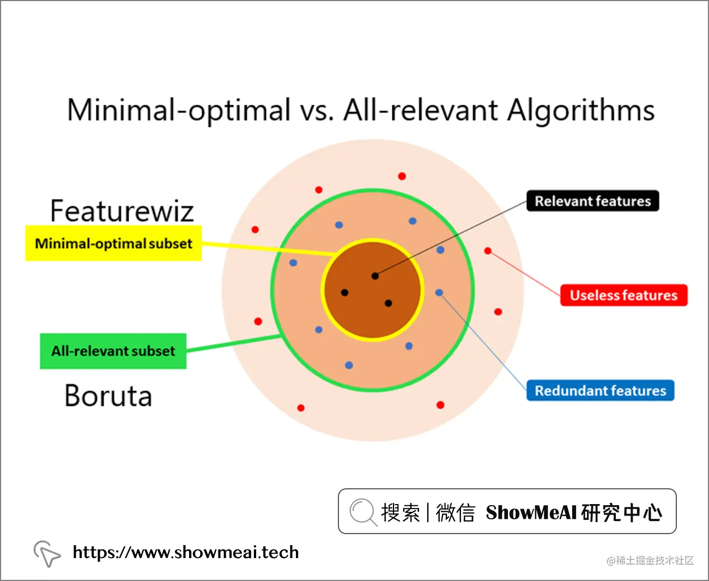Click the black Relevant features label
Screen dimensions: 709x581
coord(592,201)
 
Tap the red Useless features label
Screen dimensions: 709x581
coord(623,295)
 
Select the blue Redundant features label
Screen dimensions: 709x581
coord(600,391)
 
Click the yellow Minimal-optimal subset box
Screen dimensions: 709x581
coord(113,243)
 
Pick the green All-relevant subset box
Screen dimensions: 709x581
coord(113,351)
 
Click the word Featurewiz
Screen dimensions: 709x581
coord(122,211)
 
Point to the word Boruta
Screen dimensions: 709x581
coord(108,396)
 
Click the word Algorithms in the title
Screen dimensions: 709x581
coord(581,111)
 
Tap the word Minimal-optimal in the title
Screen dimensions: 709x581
coord(179,111)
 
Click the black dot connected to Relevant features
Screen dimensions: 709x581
coord(375,276)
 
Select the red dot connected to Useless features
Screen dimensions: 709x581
coord(488,251)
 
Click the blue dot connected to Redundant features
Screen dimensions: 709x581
coord(439,293)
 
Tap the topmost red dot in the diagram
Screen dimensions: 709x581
coord(402,176)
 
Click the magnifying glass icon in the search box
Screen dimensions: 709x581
coord(362,512)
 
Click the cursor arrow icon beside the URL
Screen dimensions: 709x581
coord(47,553)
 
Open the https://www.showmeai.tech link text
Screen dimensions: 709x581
coord(186,553)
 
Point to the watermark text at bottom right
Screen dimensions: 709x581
coord(650,560)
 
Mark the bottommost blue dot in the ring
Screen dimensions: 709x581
coord(349,365)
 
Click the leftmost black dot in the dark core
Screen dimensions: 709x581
coord(344,292)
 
